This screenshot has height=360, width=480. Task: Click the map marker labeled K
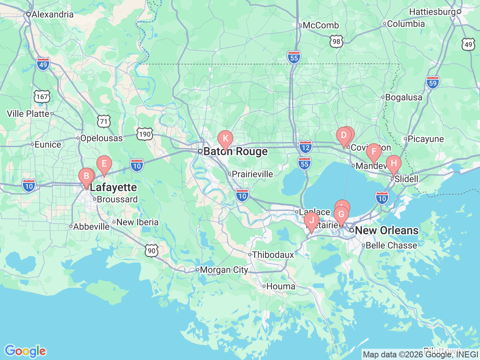coord(225,138)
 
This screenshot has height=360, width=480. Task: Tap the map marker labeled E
coord(104,163)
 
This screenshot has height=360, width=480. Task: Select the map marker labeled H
coord(394,163)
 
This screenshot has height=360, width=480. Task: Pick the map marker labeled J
coord(312,220)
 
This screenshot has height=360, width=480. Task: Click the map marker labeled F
coord(374,151)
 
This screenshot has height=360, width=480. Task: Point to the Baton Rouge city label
coord(235,151)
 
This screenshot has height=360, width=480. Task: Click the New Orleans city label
coord(386,230)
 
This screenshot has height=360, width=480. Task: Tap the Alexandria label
coord(52,15)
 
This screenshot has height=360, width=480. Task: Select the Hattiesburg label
coord(432,12)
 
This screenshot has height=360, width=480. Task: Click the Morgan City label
coord(224,270)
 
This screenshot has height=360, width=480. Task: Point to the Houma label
coord(280,286)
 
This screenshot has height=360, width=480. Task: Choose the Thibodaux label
coord(273,255)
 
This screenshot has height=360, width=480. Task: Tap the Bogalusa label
coord(403,97)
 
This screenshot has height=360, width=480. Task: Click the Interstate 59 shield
coord(433,82)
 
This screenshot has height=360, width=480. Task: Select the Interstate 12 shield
coord(306,147)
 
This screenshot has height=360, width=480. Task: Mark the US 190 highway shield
coord(145,134)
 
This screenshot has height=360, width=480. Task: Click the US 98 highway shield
coord(336,41)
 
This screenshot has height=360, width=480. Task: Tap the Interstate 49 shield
coord(43,64)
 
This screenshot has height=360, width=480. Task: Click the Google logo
coord(25,351)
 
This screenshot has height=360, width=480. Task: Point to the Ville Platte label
coord(28,114)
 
